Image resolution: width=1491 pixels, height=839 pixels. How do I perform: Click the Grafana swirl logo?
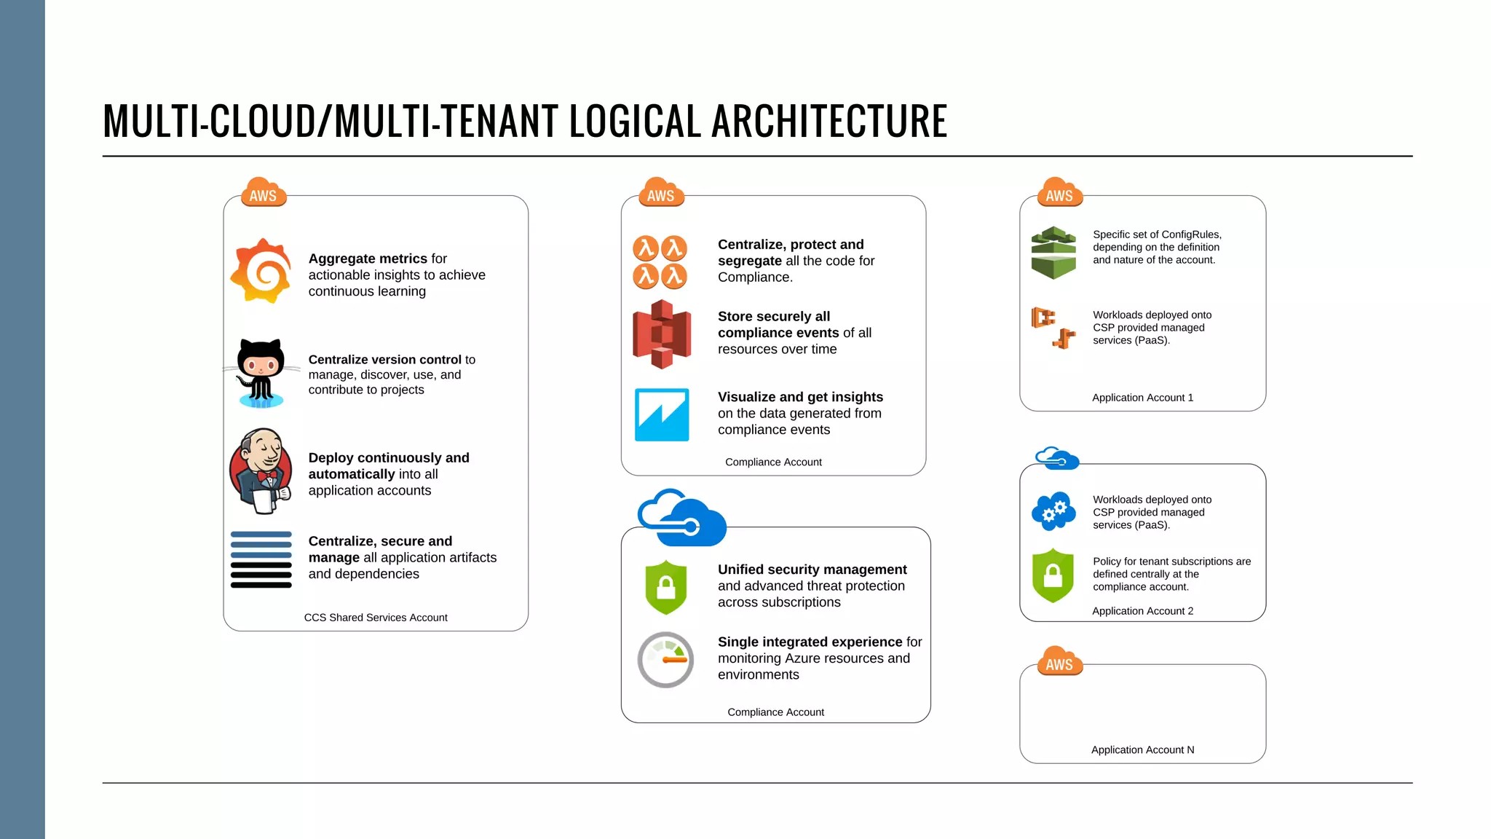pyautogui.click(x=261, y=271)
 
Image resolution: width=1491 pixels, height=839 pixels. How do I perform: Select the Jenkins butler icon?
pyautogui.click(x=261, y=471)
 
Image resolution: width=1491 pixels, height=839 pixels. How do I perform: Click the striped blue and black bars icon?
pyautogui.click(x=261, y=559)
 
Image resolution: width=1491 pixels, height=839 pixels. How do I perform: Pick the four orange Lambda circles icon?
pyautogui.click(x=660, y=261)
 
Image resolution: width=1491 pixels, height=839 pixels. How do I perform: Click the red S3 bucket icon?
pyautogui.click(x=661, y=334)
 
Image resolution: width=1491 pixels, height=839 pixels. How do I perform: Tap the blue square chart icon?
pyautogui.click(x=662, y=414)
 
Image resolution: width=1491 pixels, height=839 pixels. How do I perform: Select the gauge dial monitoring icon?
pyautogui.click(x=665, y=660)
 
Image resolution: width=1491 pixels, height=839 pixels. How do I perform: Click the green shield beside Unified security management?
pyautogui.click(x=665, y=587)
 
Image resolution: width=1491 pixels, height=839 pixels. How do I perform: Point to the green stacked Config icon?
pyautogui.click(x=1053, y=253)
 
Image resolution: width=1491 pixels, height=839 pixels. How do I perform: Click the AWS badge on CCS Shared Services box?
pyautogui.click(x=263, y=193)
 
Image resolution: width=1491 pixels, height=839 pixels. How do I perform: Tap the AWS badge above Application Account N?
pyautogui.click(x=1059, y=662)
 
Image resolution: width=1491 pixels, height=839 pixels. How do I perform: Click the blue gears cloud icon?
pyautogui.click(x=1053, y=511)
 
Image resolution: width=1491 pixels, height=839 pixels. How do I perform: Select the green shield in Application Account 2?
pyautogui.click(x=1053, y=575)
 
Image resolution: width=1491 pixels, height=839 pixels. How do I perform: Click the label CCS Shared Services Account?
pyautogui.click(x=376, y=618)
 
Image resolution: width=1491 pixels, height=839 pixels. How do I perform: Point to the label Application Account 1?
pyautogui.click(x=1142, y=398)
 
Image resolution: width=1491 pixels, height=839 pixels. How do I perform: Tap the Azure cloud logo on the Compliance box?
pyautogui.click(x=681, y=518)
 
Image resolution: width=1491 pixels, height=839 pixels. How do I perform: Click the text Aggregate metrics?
pyautogui.click(x=368, y=259)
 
